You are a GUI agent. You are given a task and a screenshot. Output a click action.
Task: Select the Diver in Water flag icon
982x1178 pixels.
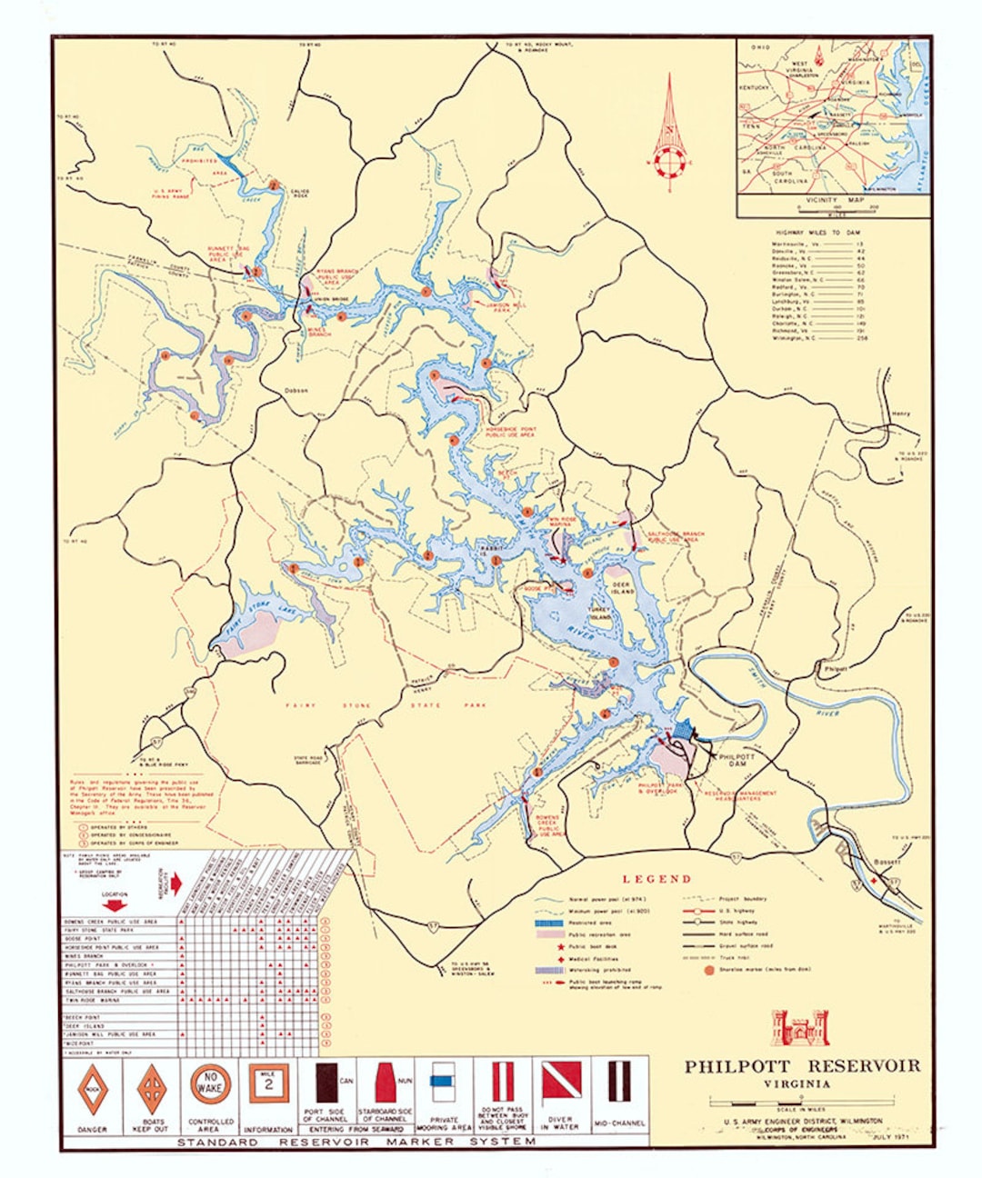(561, 1083)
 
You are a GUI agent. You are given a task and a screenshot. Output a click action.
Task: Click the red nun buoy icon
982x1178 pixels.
(386, 1083)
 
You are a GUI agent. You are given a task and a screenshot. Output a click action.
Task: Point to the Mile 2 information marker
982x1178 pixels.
(268, 1083)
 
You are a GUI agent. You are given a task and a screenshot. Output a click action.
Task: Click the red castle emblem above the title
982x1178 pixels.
(800, 1027)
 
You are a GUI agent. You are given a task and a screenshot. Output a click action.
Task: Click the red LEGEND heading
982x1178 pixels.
(656, 879)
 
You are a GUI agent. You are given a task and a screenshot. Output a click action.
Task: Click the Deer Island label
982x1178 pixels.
(621, 585)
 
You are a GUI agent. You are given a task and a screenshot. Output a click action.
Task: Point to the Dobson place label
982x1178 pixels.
(296, 390)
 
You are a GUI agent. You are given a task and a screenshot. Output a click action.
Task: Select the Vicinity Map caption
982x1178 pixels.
(832, 200)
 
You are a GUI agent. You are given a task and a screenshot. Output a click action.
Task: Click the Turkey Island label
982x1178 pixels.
(602, 614)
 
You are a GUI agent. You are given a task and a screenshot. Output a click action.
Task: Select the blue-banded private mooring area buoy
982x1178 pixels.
(443, 1083)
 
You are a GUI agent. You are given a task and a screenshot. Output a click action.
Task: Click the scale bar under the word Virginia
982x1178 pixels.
(799, 1101)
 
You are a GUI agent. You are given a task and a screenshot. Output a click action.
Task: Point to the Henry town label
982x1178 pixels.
(899, 414)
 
